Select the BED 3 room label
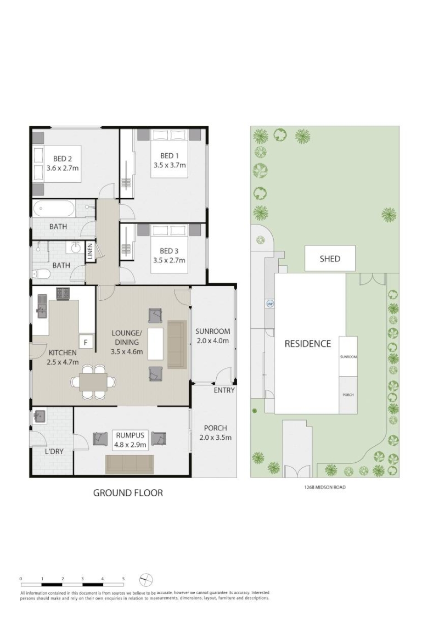coord(170,251)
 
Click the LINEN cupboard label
coord(90,253)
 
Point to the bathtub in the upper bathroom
coord(53,209)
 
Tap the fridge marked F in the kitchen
coord(86,341)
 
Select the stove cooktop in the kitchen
coord(63,293)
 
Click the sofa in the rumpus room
coord(130,464)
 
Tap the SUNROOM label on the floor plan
coord(212,331)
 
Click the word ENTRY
coord(224,390)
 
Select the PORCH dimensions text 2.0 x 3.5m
coord(215,438)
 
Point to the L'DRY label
coord(54,451)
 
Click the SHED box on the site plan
coord(330,259)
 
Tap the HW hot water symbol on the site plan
coord(271,304)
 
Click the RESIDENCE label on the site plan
coord(308,344)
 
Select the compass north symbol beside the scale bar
coord(147,580)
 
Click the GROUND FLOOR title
coord(128,493)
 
